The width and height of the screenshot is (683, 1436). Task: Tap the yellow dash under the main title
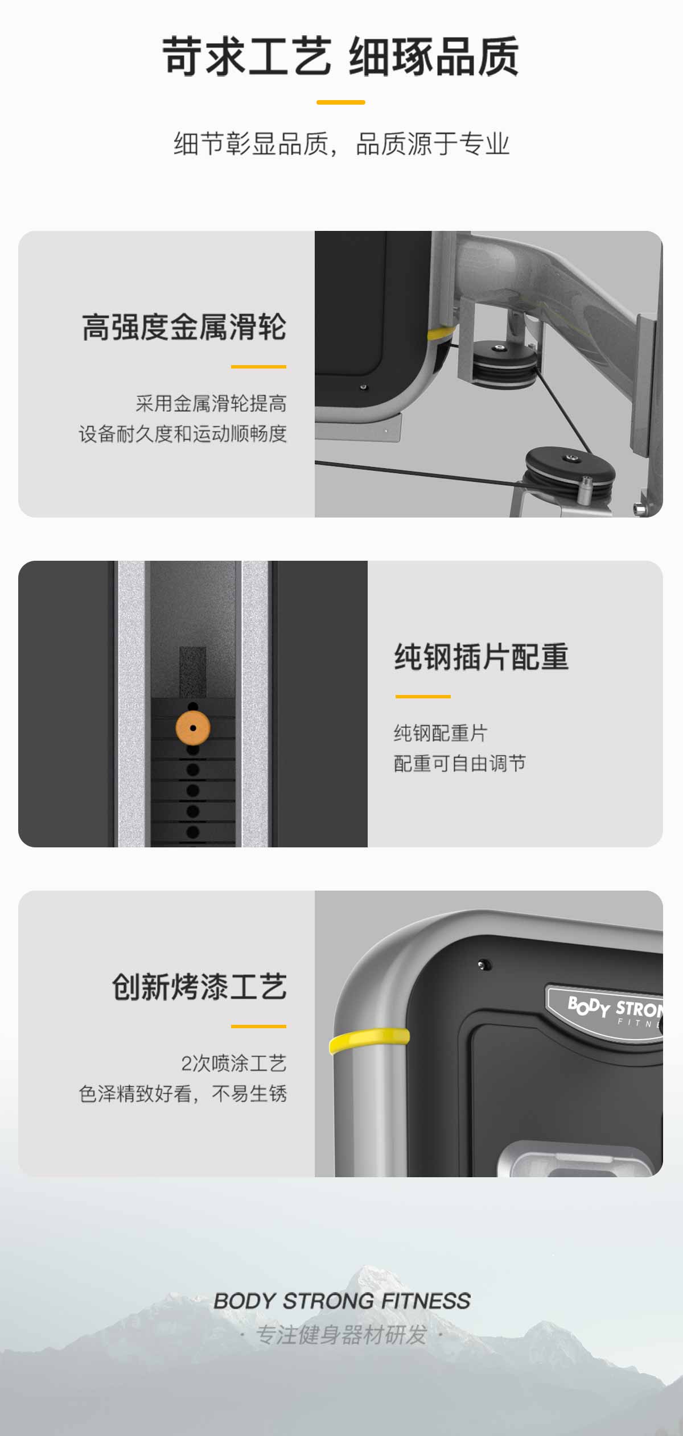(x=340, y=102)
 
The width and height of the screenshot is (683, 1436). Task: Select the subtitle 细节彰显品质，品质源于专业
(x=341, y=143)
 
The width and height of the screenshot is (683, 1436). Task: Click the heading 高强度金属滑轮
(x=184, y=327)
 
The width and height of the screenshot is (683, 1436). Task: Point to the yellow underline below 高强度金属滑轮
(x=258, y=367)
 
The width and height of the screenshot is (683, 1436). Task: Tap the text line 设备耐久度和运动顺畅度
(x=183, y=434)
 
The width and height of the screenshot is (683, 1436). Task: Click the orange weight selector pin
(x=193, y=728)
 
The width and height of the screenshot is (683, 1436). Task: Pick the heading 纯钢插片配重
(x=482, y=657)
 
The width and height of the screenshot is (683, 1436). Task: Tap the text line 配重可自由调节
(x=460, y=763)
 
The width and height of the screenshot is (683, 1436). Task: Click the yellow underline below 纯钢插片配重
(x=423, y=696)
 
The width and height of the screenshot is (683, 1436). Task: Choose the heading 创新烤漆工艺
(x=199, y=987)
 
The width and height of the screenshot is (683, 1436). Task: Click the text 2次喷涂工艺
(x=234, y=1063)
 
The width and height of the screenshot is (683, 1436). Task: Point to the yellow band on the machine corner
(x=369, y=1040)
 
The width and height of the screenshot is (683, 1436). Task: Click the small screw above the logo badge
(x=484, y=965)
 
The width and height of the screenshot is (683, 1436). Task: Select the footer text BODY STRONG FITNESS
(x=342, y=1301)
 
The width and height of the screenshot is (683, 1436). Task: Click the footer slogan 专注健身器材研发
(x=341, y=1335)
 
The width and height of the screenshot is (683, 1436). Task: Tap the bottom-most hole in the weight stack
(x=193, y=832)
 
